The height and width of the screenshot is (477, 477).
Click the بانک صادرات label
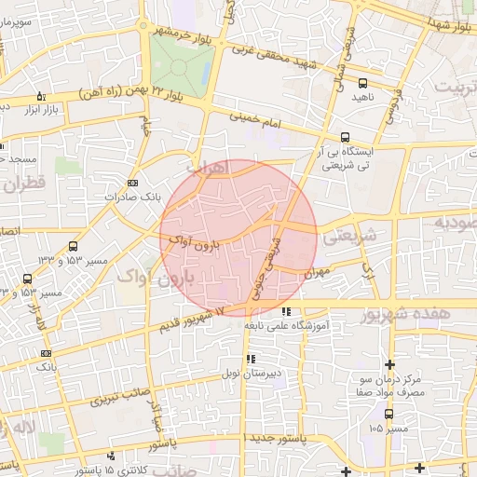click(127, 198)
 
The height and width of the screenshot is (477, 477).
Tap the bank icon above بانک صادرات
click(132, 184)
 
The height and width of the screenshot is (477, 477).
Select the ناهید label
click(363, 96)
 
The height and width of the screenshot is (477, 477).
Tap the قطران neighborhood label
click(24, 183)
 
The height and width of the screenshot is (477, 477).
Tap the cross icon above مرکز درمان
click(389, 363)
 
